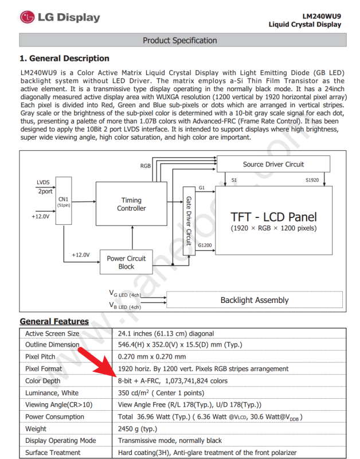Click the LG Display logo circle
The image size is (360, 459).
(27, 17)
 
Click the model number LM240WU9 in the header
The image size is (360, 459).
(322, 16)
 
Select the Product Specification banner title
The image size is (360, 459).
(179, 41)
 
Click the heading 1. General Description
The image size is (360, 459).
(64, 59)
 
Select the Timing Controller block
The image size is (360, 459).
(131, 204)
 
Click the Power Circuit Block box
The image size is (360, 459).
(126, 262)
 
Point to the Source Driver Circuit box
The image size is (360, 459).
(273, 164)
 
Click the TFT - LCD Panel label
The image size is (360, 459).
(273, 217)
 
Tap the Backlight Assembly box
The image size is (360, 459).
(254, 300)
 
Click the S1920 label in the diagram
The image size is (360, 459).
(313, 181)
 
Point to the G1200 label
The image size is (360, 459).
(205, 246)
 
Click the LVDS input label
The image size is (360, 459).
(44, 182)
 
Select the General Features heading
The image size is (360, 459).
(54, 321)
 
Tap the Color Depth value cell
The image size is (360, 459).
(173, 381)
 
